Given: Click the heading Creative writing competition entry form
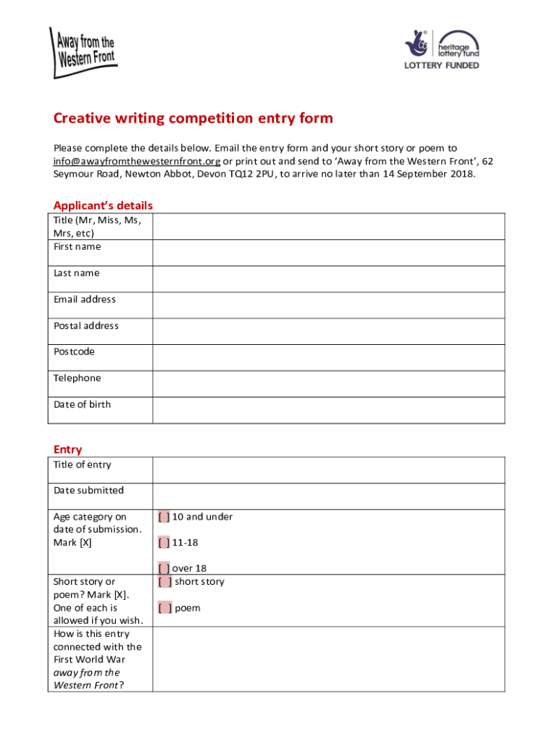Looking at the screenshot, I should pos(193,119).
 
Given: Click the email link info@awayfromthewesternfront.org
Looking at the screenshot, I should pos(136,161).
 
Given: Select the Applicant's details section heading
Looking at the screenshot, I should pos(103,206).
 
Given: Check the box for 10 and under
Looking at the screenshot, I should pos(165,517).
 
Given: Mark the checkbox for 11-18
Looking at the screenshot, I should pos(165,543).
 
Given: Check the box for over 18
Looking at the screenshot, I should pos(165,569).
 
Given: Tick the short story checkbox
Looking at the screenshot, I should pos(165,582).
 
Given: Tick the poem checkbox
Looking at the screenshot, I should pos(165,608).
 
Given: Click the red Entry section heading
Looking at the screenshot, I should pos(67,450).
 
